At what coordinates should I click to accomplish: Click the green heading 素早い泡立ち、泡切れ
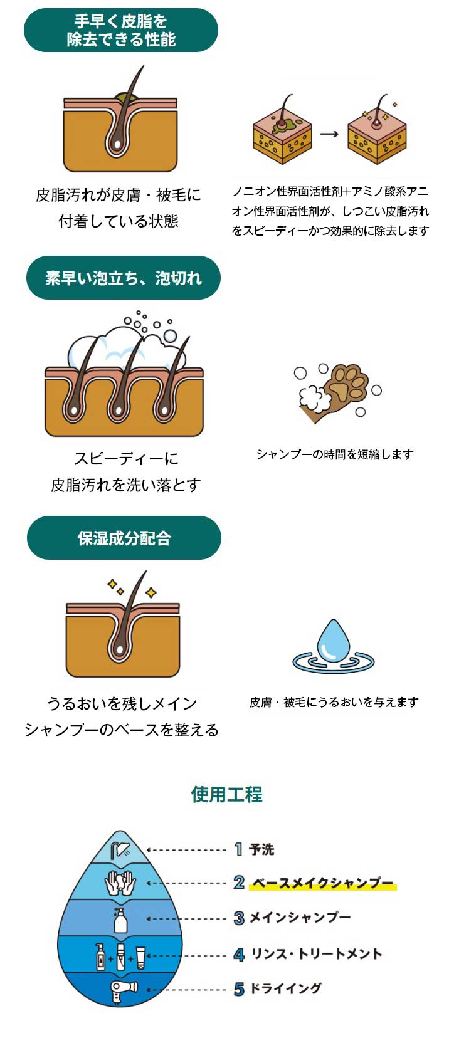coord(124,278)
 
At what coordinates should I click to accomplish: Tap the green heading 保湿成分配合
coord(124,538)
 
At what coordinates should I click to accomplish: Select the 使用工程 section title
coord(227,794)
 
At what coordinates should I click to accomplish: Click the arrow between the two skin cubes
coord(329,134)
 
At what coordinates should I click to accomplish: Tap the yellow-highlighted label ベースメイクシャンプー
coord(322,883)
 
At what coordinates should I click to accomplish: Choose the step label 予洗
coord(261,849)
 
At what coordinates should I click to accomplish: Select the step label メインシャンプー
coord(300,917)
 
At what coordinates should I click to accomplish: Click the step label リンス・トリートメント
coord(316,953)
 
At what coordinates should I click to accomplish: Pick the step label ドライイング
coord(285,988)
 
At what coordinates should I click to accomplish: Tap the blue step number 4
coord(239,955)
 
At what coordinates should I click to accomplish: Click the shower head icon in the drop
coord(120,850)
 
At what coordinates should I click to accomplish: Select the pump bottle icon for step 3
coord(120,920)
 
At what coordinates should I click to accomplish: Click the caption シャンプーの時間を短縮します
coord(335,454)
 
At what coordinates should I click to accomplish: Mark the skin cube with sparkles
coord(376,132)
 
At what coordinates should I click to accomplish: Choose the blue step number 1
coord(238,850)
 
